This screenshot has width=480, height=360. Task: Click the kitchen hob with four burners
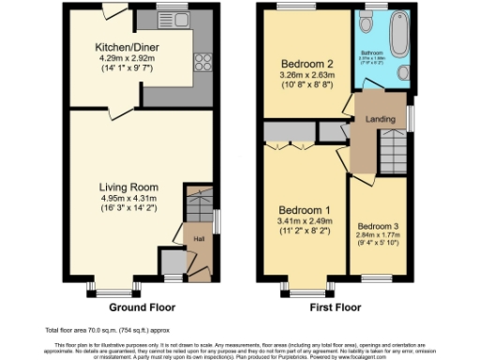(x=201, y=63)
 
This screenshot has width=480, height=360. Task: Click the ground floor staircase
(x=199, y=205)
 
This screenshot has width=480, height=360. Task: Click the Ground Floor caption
(x=142, y=307)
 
